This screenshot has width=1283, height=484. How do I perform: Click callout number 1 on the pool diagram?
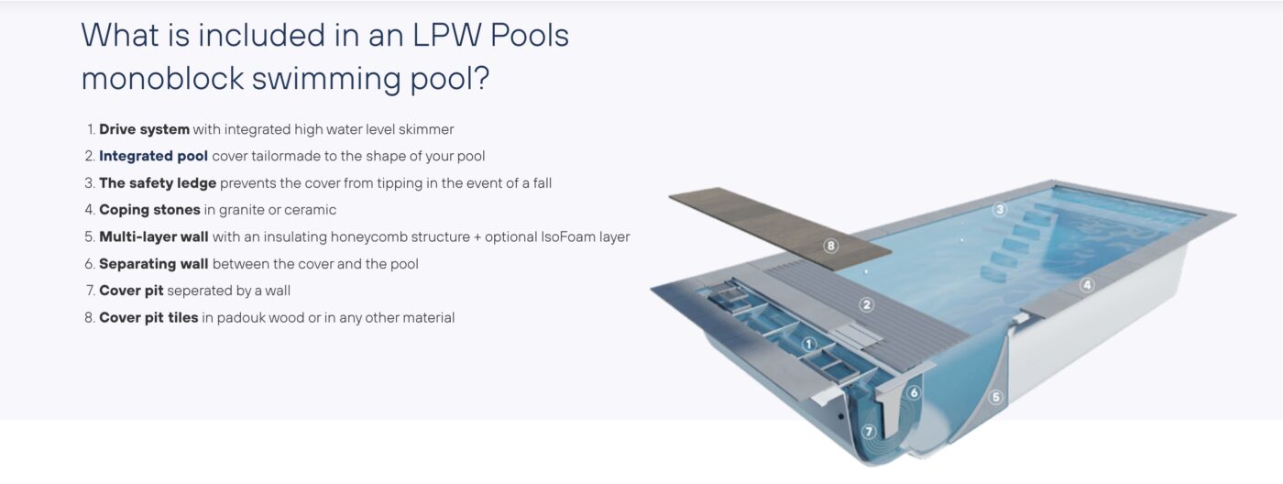click(x=808, y=345)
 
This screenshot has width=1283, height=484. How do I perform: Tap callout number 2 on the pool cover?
click(x=867, y=304)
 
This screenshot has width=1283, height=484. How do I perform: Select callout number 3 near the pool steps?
click(x=1000, y=210)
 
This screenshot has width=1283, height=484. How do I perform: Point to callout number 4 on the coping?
click(x=1087, y=285)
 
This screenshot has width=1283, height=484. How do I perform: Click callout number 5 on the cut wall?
click(x=995, y=397)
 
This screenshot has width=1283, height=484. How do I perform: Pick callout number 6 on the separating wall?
click(x=915, y=392)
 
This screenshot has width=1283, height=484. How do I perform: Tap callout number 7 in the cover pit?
click(x=869, y=432)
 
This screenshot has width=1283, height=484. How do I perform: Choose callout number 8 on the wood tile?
click(x=830, y=246)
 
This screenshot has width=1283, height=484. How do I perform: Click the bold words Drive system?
click(x=145, y=129)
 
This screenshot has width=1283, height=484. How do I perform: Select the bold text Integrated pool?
click(x=154, y=157)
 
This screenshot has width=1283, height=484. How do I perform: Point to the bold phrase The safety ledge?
click(x=158, y=183)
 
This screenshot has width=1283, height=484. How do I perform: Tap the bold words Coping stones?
click(x=149, y=210)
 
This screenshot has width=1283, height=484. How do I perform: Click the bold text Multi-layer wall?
click(x=154, y=236)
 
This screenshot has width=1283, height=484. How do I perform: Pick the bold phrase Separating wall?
click(x=154, y=264)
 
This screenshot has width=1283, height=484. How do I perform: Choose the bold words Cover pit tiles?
click(x=148, y=317)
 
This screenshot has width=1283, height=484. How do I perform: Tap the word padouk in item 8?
click(x=240, y=317)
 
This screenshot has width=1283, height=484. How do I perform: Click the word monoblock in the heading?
click(x=163, y=79)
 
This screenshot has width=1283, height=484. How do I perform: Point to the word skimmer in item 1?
click(x=426, y=129)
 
